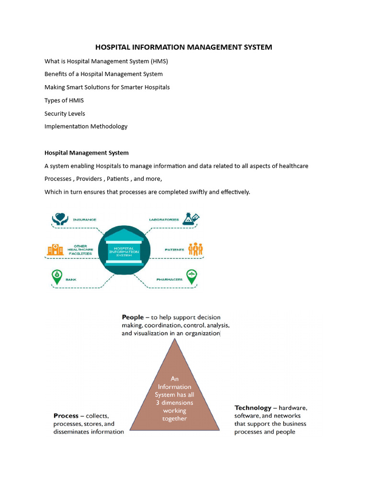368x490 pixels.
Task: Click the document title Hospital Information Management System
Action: (184, 47)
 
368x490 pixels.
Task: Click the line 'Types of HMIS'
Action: (64, 100)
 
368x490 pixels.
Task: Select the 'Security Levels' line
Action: (65, 113)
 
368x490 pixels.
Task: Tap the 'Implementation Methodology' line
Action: (86, 126)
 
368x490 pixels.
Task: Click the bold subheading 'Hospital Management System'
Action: (86, 153)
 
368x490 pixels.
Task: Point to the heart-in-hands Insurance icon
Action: (59, 219)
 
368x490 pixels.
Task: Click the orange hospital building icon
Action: (55, 249)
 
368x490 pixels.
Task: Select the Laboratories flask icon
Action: (192, 219)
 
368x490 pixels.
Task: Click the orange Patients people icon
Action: (195, 249)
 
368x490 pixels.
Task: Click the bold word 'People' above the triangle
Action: (133, 317)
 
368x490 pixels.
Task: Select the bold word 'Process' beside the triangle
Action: (66, 416)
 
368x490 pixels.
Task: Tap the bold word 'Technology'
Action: (253, 408)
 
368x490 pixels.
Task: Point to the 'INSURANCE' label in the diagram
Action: (84, 220)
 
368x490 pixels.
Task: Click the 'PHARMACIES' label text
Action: (169, 279)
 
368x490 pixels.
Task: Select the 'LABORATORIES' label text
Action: (164, 220)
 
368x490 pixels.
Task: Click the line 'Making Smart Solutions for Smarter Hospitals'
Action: (107, 87)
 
